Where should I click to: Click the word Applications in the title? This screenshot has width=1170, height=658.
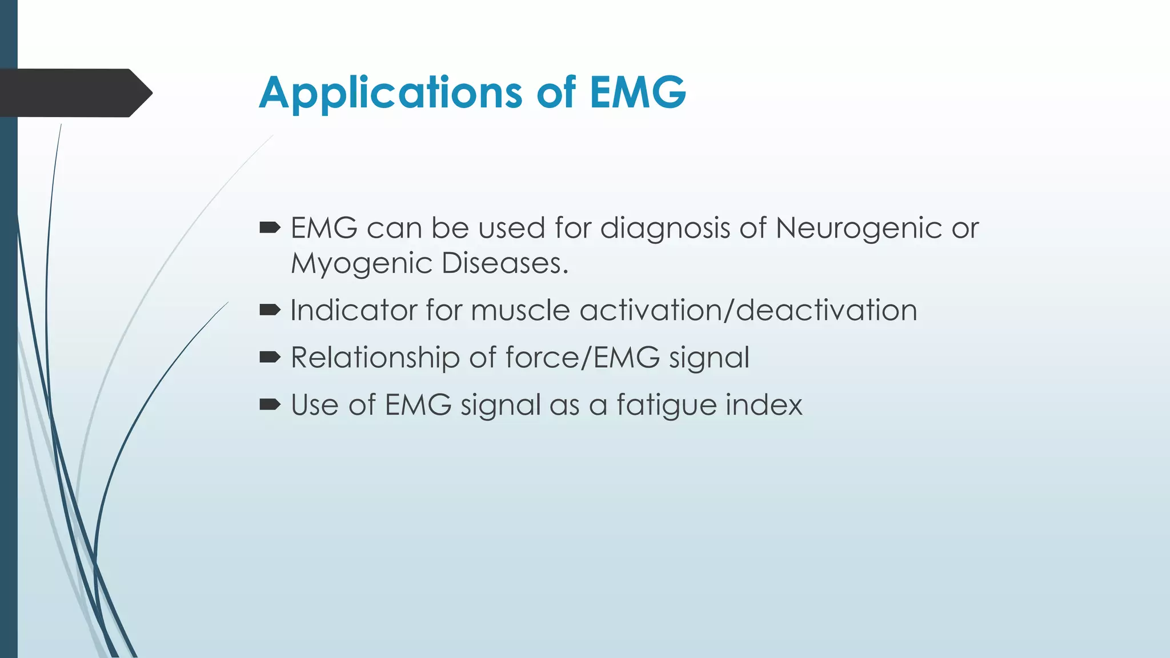click(390, 93)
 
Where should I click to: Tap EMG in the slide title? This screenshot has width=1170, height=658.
click(638, 93)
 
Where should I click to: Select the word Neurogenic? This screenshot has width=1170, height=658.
click(859, 228)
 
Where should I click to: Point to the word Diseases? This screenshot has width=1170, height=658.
click(504, 263)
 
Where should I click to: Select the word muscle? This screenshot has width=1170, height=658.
click(520, 310)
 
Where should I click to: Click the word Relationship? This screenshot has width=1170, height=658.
click(375, 358)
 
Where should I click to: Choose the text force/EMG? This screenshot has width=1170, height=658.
click(583, 358)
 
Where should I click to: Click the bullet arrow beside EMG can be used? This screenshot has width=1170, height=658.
click(270, 228)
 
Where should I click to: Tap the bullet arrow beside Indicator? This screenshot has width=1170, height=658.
click(270, 310)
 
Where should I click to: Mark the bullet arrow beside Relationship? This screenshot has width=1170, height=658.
click(270, 358)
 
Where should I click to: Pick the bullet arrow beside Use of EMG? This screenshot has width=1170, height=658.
click(270, 405)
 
